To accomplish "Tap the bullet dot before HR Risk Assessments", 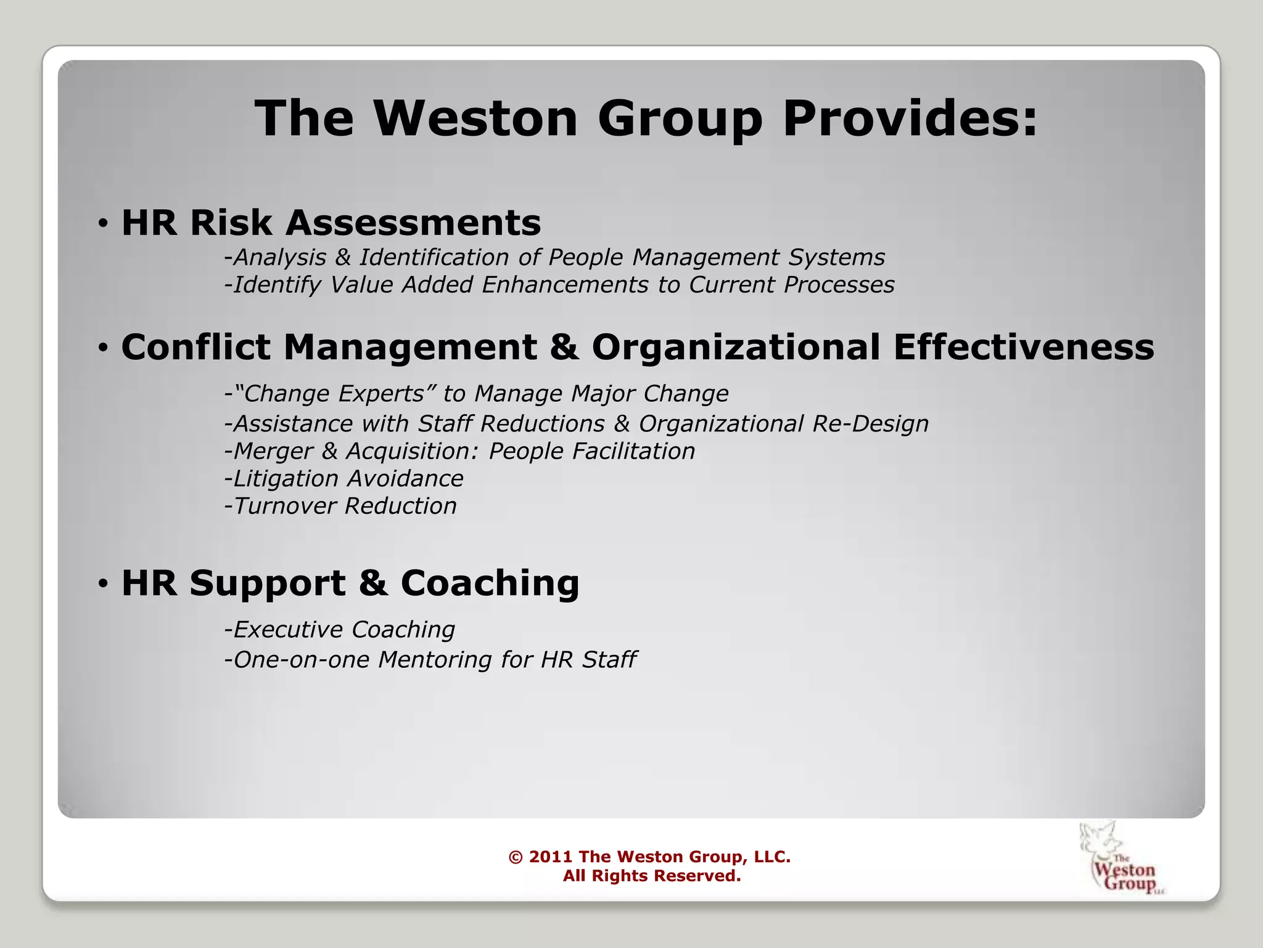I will (x=103, y=223).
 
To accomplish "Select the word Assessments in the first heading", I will (x=413, y=223).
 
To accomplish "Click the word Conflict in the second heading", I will (x=196, y=347).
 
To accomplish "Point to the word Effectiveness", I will (x=1024, y=347).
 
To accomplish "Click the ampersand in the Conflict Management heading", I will (x=564, y=347).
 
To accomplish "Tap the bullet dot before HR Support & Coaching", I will (x=103, y=583).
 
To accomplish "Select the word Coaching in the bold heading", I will (x=490, y=583).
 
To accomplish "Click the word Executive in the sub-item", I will (x=288, y=630).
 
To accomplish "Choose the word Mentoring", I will (x=435, y=660).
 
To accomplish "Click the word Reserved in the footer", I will (x=697, y=876).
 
